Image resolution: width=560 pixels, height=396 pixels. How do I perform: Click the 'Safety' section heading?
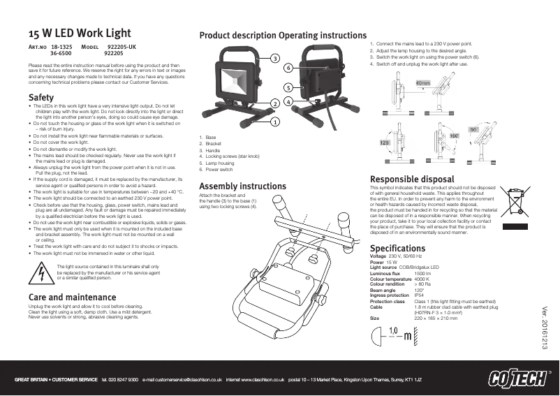[40, 96]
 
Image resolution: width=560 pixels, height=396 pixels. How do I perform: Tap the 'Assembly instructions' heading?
[242, 186]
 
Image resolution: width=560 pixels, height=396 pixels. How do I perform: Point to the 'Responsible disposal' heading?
[411, 179]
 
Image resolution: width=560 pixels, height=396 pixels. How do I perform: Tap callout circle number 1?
[275, 121]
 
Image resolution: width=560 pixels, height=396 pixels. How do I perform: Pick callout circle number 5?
[288, 87]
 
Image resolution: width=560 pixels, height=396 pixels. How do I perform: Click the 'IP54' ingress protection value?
[420, 295]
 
